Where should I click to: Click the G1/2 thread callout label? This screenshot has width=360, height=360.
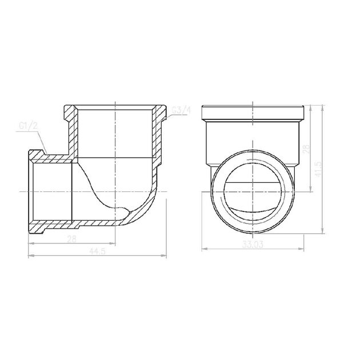click(x=28, y=126)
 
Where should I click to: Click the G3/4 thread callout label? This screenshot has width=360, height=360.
click(x=182, y=110)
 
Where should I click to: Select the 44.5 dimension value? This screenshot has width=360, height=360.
click(x=97, y=251)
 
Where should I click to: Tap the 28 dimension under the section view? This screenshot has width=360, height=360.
click(x=71, y=239)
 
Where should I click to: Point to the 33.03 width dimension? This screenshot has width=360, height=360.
click(x=253, y=245)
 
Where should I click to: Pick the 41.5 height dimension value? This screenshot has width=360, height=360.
click(x=318, y=169)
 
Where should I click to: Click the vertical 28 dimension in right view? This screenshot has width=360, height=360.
click(x=306, y=149)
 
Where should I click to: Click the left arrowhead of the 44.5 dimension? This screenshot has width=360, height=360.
click(x=31, y=255)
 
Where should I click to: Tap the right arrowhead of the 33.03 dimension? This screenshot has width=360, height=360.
click(x=301, y=249)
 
